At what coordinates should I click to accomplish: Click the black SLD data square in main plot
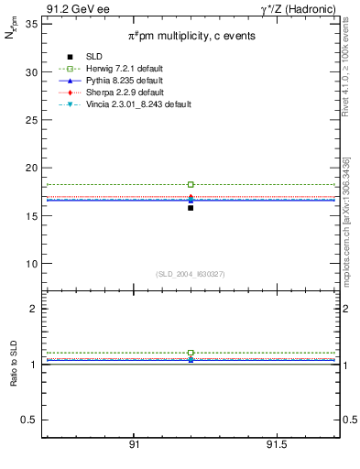[x=191, y=208]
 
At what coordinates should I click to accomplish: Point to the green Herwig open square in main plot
[x=191, y=184]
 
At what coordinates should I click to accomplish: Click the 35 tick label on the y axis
[x=30, y=24]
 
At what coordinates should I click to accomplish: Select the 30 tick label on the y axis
[x=30, y=71]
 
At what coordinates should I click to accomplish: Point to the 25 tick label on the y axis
[x=30, y=120]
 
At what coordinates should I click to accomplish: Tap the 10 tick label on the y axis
[x=30, y=264]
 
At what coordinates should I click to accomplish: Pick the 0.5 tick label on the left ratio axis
[x=30, y=420]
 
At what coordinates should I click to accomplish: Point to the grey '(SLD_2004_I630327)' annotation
[x=191, y=273]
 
